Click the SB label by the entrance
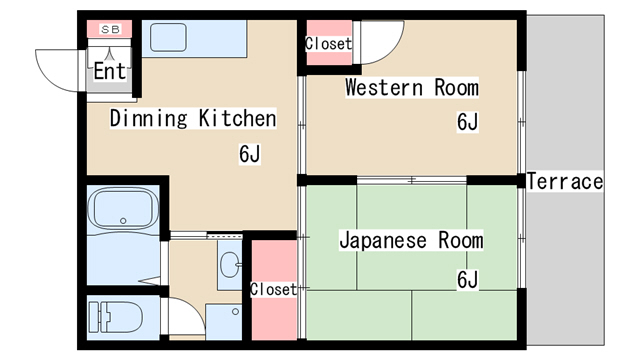coord(110,29)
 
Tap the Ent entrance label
coord(109,71)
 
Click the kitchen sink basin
coord(168,38)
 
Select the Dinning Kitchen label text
coord(193,118)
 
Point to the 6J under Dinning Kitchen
coord(249,154)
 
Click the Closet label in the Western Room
coord(329,43)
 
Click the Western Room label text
coord(411,88)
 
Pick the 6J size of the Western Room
coord(467,122)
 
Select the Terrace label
coord(565,181)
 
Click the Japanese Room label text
coord(411,240)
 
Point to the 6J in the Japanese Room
coord(467,280)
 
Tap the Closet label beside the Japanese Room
coord(273,289)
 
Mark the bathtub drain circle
coord(123,221)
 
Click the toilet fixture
coord(116,317)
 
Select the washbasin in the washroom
coord(230,264)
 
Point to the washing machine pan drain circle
coord(235,312)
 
